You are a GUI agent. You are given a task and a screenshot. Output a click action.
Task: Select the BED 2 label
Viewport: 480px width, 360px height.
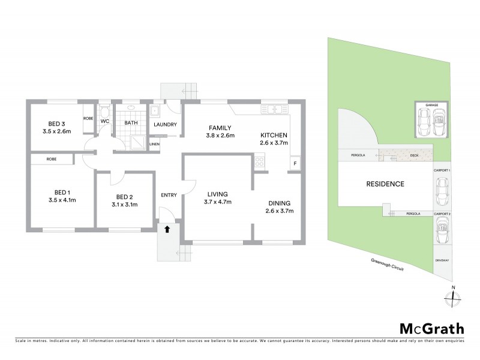coord(124,197)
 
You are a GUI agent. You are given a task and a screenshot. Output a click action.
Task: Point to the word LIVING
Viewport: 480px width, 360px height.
coord(217,193)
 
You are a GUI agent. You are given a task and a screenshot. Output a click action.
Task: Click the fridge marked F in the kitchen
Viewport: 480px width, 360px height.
coord(295,164)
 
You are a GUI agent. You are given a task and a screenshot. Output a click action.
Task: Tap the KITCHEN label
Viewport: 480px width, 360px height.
coord(274,135)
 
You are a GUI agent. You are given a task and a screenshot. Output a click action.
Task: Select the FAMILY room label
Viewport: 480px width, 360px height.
coord(220,128)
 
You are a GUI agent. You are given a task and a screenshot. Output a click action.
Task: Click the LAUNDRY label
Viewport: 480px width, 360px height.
coord(164,124)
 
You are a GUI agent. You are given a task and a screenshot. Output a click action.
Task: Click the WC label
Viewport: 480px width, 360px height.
coord(104,122)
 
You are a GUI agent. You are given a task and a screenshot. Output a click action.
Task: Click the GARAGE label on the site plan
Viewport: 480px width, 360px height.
coord(431,105)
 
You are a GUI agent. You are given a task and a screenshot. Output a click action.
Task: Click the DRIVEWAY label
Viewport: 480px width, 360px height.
coord(442,260)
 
